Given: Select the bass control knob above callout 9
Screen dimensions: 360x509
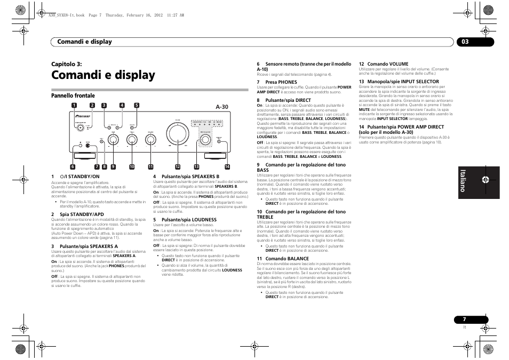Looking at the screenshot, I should [x=113, y=140].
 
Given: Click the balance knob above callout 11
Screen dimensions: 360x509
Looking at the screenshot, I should [x=151, y=140].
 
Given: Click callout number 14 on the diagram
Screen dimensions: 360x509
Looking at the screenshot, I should [x=227, y=167].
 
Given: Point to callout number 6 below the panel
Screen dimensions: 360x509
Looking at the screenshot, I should [x=73, y=167].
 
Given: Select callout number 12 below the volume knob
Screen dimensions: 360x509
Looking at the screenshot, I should [x=178, y=167].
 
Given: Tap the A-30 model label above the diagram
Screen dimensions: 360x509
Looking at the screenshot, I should [x=222, y=107].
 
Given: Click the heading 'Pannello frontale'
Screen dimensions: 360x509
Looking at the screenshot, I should [x=73, y=96].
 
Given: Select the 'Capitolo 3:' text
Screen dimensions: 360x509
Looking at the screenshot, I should [x=66, y=64].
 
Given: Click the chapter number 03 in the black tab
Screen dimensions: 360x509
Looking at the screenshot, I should [x=466, y=42].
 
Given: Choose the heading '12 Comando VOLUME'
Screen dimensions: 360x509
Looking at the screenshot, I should [x=383, y=64].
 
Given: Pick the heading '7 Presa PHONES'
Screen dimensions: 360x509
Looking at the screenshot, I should [x=277, y=82].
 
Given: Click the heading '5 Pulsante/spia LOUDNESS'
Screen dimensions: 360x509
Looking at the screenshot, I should [x=185, y=220].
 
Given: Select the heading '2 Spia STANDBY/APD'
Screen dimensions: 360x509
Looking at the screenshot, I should [x=77, y=214].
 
